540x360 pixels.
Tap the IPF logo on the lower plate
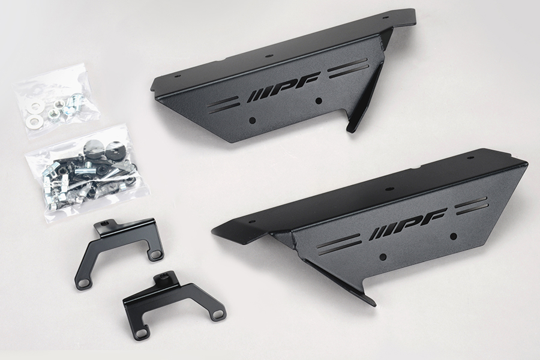pos(409,224)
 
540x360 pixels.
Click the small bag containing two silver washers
pos(56,101)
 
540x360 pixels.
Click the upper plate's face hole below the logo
pos(319,101)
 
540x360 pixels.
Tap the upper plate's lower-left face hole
pos(253,120)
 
